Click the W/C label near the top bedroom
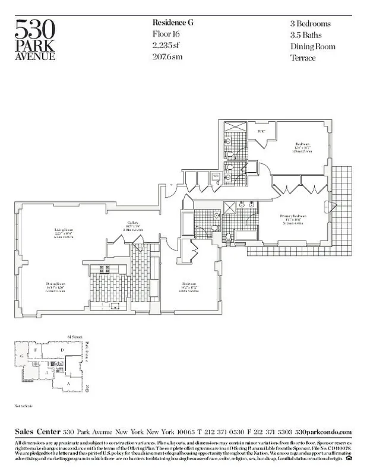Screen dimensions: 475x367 point(261,131)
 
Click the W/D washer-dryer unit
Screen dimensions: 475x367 point(216,176)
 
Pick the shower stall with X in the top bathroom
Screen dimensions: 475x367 point(229,126)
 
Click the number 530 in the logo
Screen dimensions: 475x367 point(35,28)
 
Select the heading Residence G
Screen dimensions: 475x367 point(173,23)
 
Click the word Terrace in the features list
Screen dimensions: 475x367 point(303,58)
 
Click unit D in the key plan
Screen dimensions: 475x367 point(62,351)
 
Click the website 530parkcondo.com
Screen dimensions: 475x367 point(323,432)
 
